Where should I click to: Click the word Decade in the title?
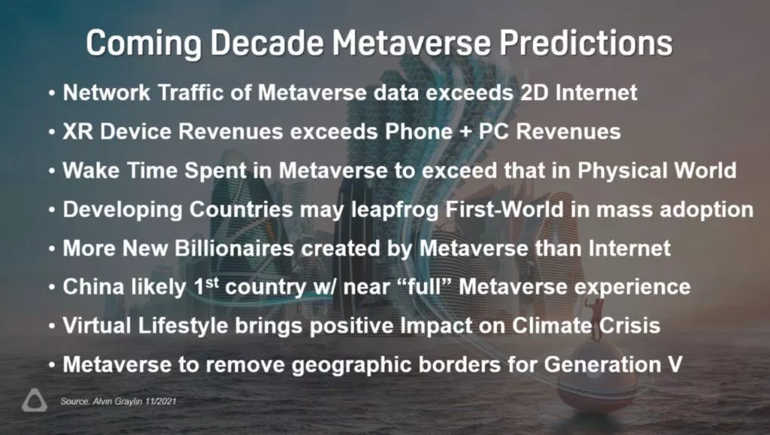267,43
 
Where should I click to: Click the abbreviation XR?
77,131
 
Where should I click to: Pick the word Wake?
91,171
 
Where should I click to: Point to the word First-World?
505,209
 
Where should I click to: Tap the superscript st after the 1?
212,283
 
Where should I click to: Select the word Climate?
551,326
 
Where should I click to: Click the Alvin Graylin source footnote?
118,401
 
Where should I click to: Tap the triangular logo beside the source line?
35,400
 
